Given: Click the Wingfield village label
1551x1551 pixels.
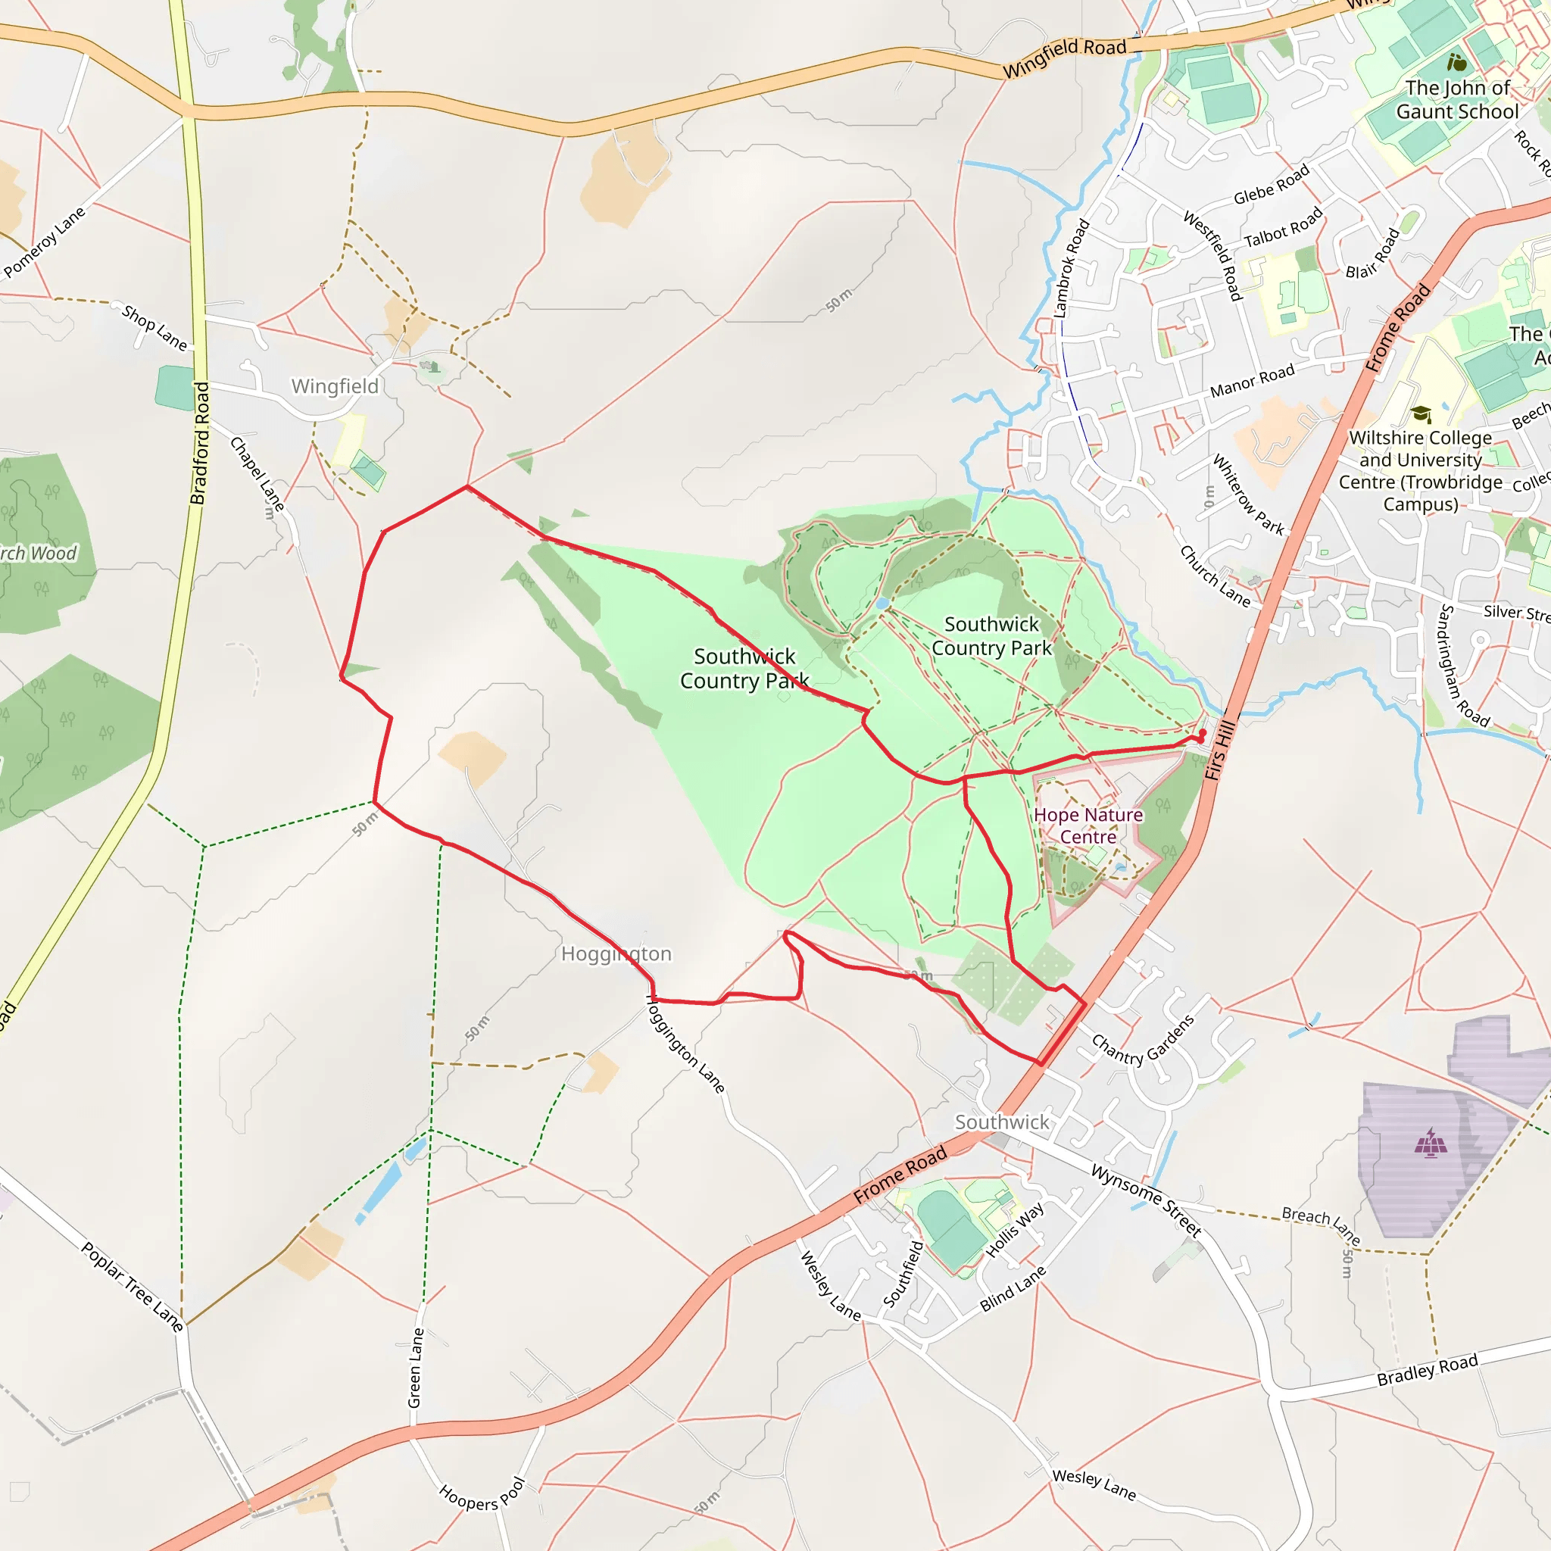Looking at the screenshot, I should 335,386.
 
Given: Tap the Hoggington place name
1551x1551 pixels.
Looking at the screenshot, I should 616,953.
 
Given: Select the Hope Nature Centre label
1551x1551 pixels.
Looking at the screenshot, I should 1088,826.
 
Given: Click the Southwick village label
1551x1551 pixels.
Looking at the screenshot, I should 1001,1122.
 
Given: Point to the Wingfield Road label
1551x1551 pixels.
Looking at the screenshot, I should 1065,56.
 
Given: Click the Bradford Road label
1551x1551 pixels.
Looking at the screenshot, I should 200,443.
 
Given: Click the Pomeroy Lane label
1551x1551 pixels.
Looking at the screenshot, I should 44,242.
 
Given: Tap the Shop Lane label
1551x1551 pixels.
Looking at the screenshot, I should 155,327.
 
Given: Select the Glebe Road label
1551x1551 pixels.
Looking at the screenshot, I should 1271,185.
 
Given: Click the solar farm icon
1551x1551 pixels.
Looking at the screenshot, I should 1430,1143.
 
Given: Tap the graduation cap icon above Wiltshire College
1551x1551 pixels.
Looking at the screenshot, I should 1421,414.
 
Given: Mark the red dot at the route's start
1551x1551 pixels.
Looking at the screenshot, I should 1202,733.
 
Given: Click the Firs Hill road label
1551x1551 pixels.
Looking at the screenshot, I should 1219,750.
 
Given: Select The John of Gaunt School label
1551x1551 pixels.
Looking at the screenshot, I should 1457,99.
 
